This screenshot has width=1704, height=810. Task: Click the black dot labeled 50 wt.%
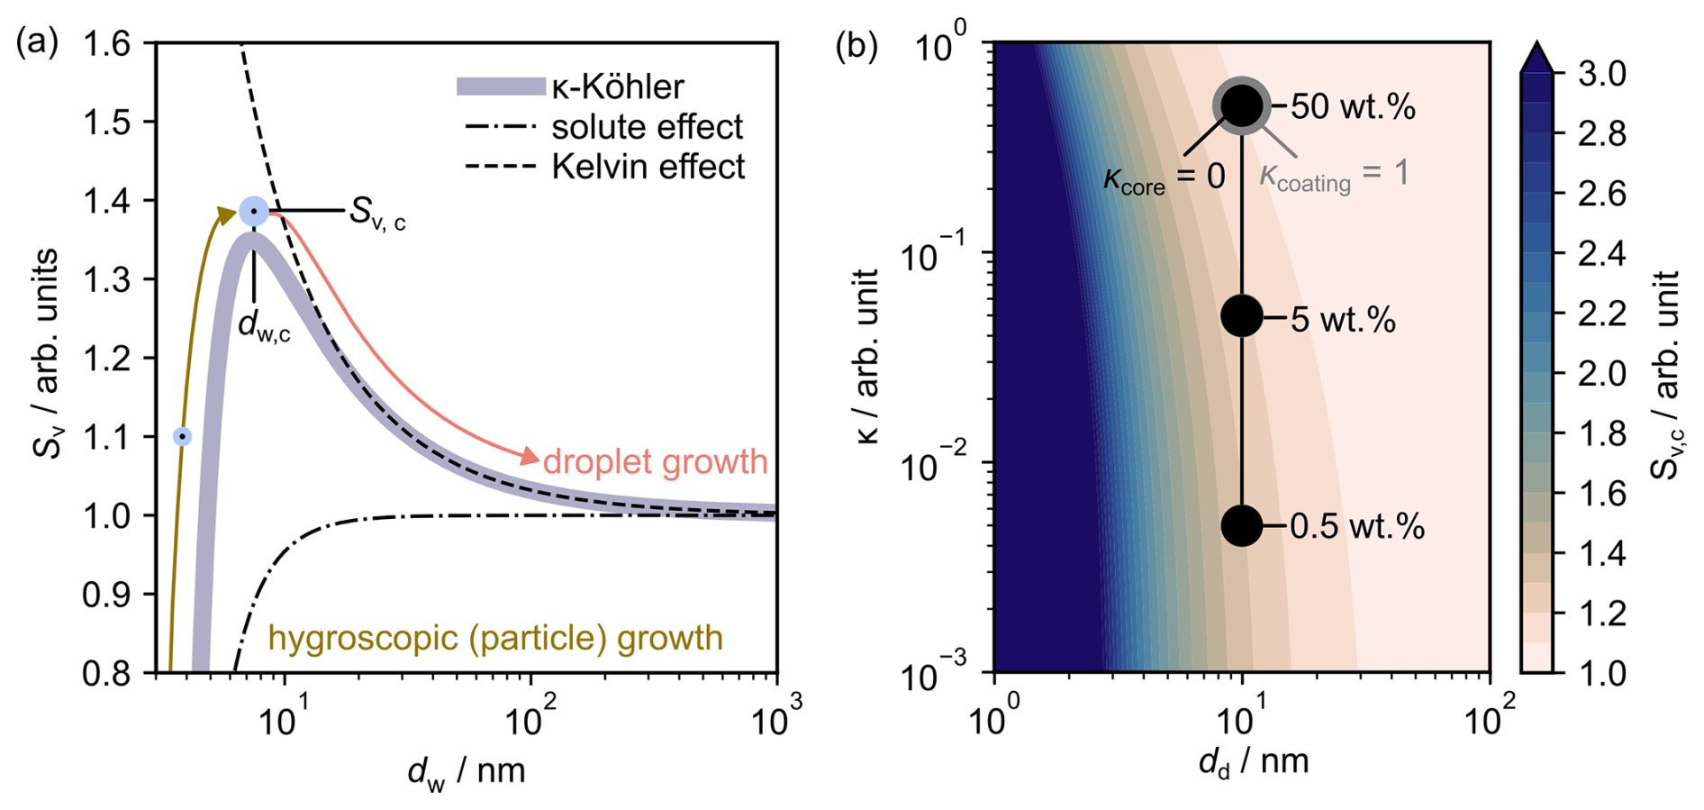[1242, 105]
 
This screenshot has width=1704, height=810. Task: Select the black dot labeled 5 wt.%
[1242, 316]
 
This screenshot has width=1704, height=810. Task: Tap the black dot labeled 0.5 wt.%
[1242, 525]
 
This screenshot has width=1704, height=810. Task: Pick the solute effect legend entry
[603, 127]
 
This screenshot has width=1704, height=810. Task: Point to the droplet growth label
[655, 461]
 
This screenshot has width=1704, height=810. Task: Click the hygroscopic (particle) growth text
[495, 638]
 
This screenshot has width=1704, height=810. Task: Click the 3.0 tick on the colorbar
[1601, 73]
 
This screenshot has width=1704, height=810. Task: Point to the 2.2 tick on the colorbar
[1601, 314]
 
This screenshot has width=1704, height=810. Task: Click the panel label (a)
[37, 43]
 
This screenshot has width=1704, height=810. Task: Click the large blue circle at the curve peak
[254, 211]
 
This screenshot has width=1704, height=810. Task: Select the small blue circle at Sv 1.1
[183, 436]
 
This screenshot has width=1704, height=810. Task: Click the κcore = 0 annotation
[1164, 177]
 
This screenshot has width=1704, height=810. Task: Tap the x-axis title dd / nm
[1253, 763]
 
